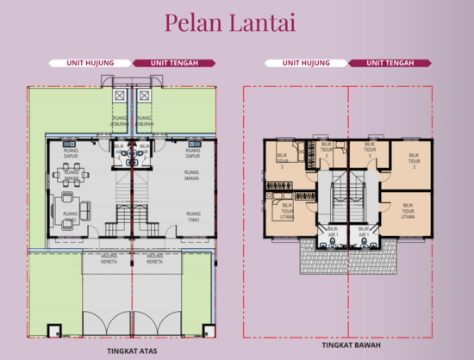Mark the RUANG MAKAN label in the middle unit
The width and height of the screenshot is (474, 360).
coord(191,175)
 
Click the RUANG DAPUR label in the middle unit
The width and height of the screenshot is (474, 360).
coord(191,153)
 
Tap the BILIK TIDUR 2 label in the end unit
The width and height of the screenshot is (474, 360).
coord(281,160)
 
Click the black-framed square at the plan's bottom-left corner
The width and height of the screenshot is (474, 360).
coord(53,329)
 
